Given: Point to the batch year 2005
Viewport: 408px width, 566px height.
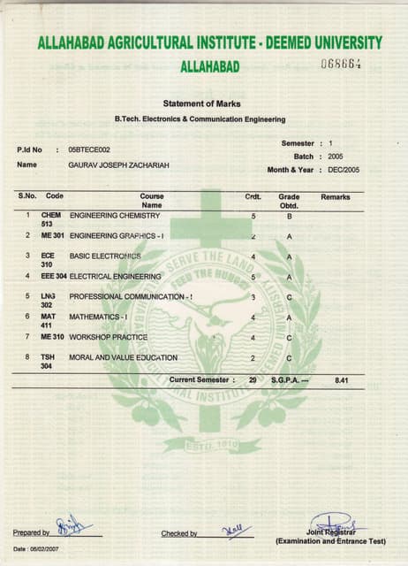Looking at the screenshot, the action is click(x=336, y=156).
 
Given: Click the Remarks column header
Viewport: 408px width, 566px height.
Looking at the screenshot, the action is click(x=336, y=196).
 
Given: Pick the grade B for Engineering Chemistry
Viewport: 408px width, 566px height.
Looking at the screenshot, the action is click(x=289, y=216).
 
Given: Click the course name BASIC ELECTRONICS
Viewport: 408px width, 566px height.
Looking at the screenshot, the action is click(x=105, y=256).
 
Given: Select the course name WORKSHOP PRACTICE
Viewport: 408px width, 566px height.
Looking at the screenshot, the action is click(x=108, y=337).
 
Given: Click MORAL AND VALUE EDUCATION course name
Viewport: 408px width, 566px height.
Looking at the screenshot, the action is click(x=123, y=357).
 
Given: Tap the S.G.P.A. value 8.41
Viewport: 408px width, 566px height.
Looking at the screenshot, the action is click(x=343, y=379).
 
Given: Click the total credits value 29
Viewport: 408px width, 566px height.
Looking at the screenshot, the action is click(x=253, y=379).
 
